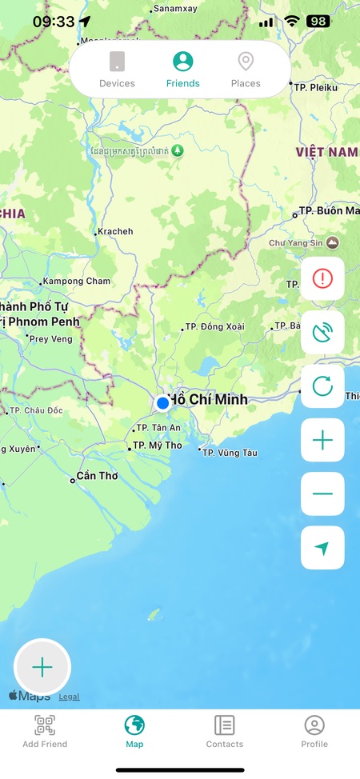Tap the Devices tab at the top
[117, 70]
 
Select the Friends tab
[183, 70]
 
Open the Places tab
[246, 70]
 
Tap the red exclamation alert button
[322, 278]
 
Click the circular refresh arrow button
[322, 386]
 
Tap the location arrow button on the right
[322, 548]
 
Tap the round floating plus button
[42, 667]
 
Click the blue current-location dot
[162, 402]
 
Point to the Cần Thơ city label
[96, 476]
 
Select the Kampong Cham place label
[77, 282]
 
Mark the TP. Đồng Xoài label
[214, 327]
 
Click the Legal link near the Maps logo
[69, 697]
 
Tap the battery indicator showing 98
[318, 22]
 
